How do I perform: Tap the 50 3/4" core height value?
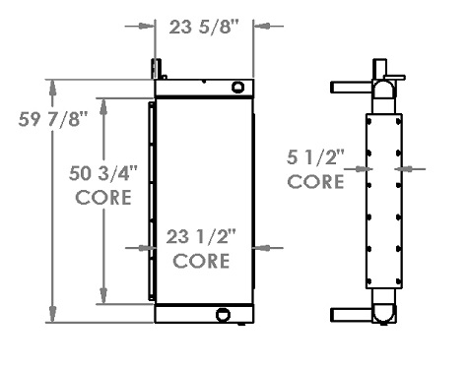point(104,174)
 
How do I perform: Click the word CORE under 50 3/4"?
point(104,197)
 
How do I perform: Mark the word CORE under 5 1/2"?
point(315,182)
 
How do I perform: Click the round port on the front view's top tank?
point(237,88)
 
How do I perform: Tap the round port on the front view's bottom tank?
point(224,315)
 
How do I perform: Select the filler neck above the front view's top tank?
point(156,70)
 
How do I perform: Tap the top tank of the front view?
point(204,89)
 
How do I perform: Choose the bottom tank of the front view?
point(204,315)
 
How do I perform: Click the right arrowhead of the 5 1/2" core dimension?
point(400,169)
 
